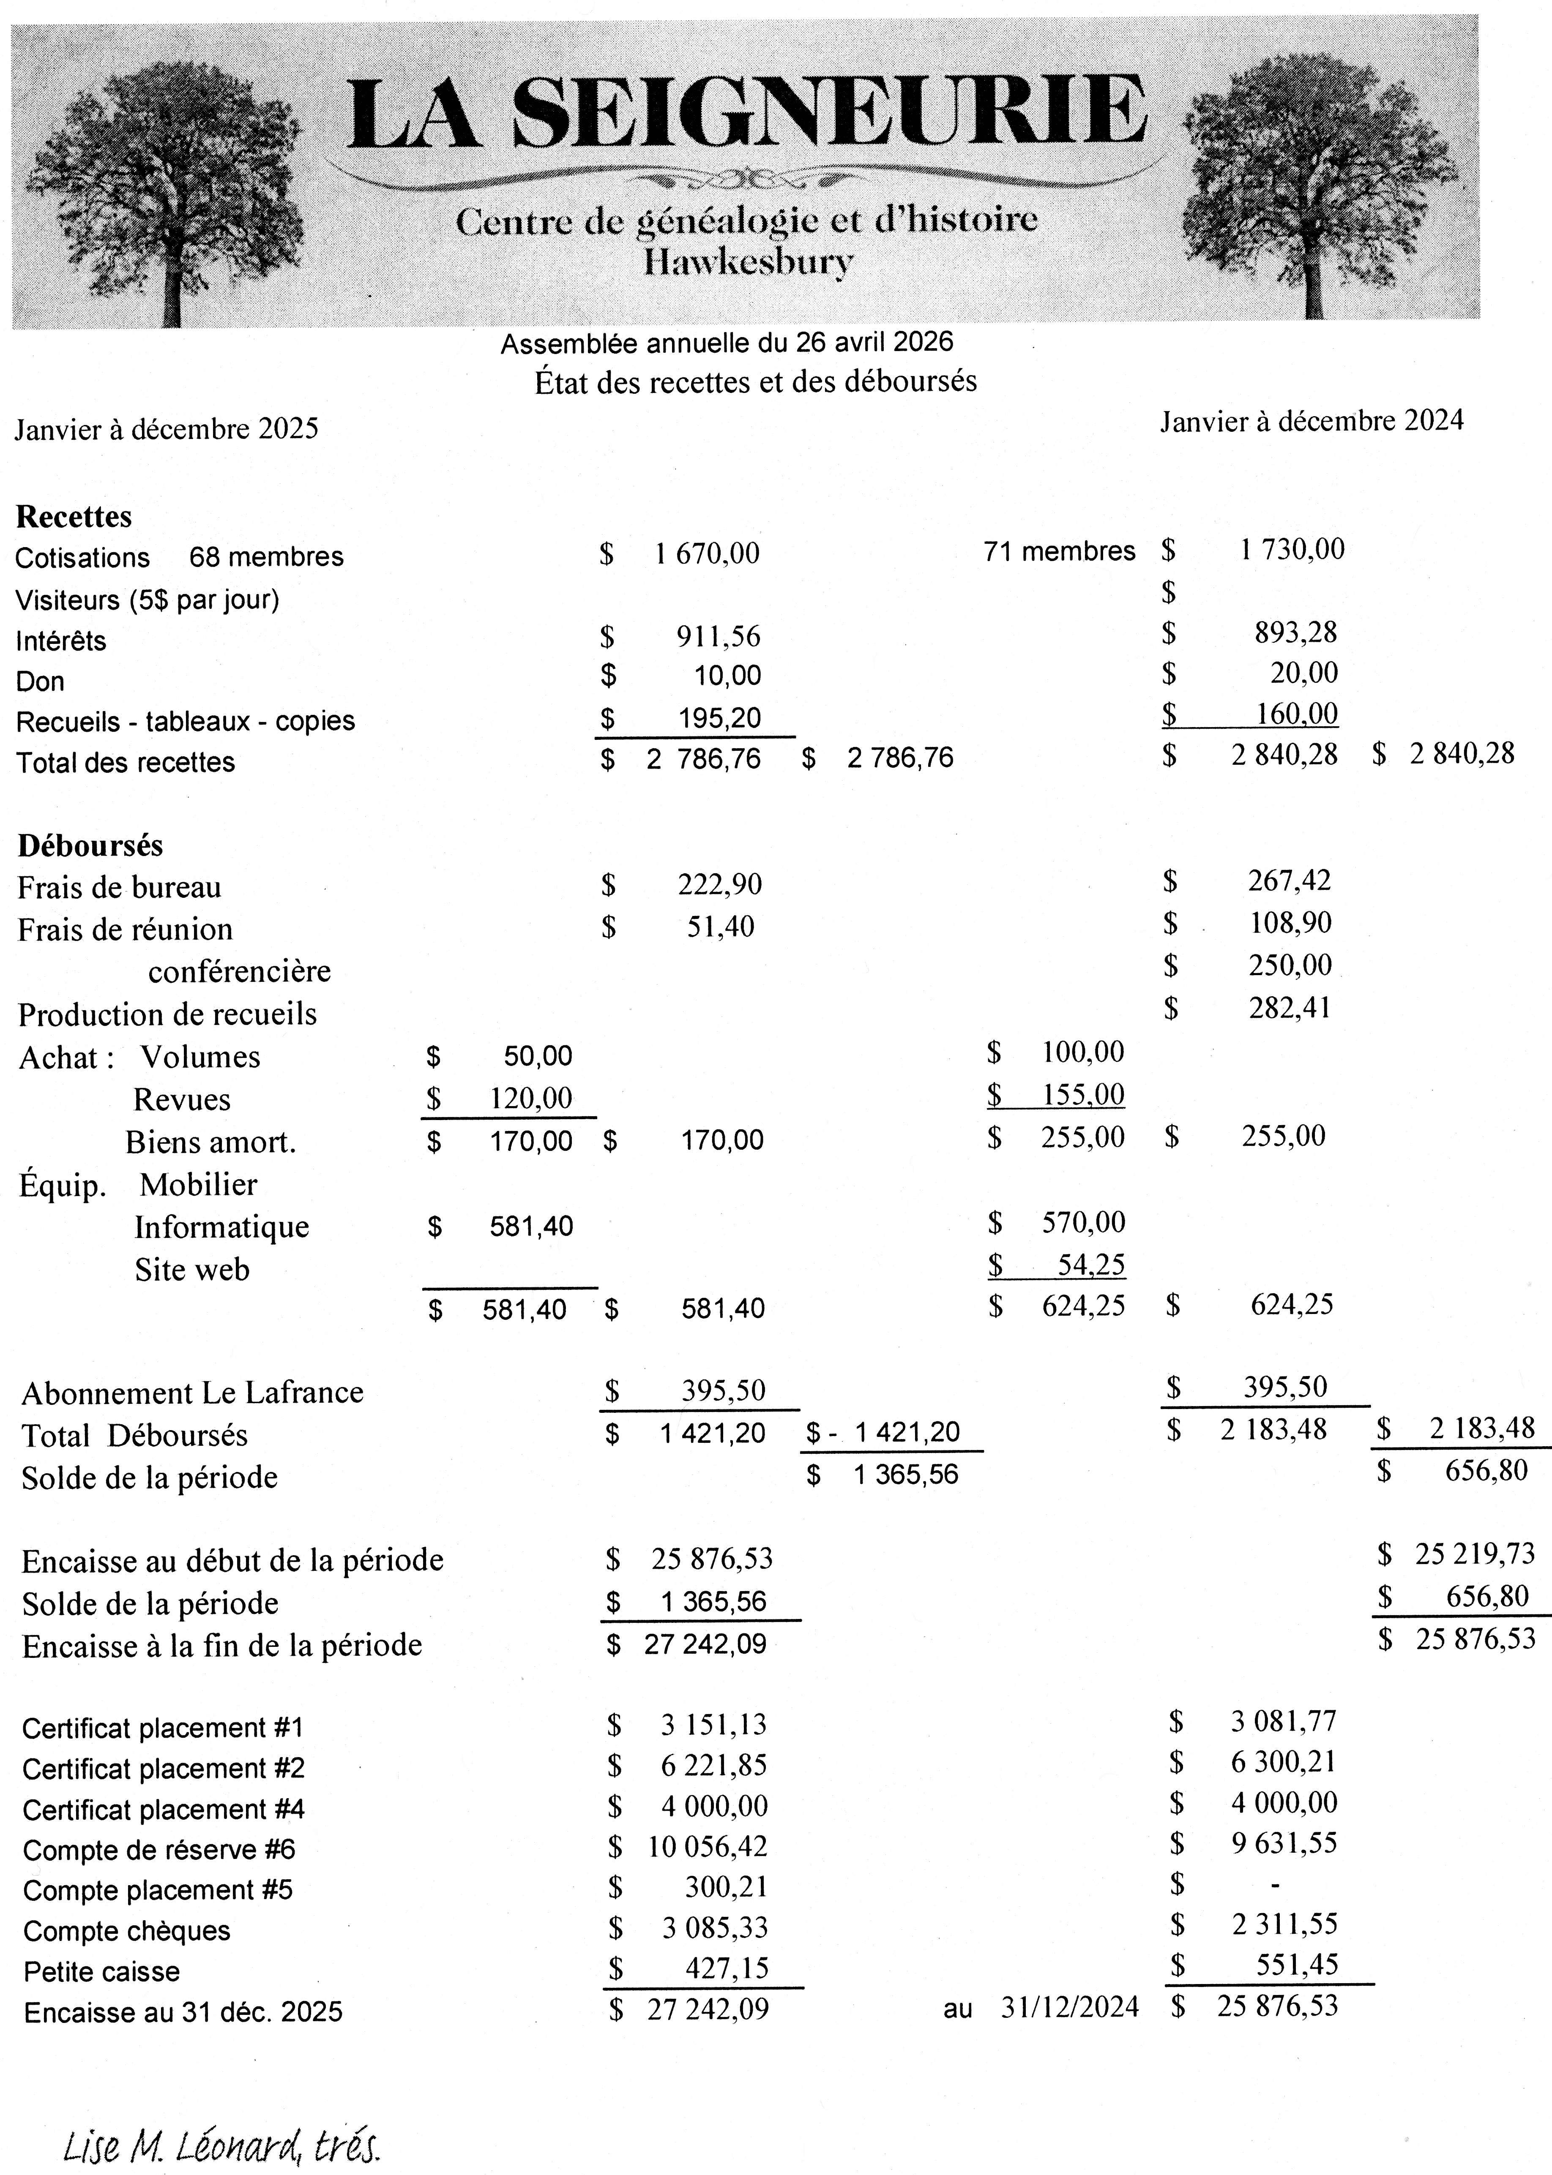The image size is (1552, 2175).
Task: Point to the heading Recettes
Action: pos(74,517)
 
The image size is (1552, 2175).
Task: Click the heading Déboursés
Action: pos(90,845)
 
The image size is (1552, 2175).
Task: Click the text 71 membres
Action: pos(1059,551)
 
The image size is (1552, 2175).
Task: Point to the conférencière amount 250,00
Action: pos(1290,965)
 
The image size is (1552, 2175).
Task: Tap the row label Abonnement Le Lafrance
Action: pos(192,1393)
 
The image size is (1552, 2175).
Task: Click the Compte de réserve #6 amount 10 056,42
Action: pos(707,1846)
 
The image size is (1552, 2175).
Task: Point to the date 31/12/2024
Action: pos(1069,2008)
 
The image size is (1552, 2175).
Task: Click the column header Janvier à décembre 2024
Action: pos(1311,421)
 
